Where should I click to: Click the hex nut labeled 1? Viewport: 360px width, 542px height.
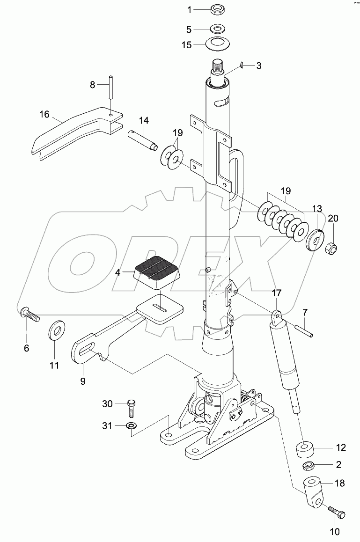[217, 9]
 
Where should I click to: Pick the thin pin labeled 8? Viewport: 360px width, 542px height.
[111, 87]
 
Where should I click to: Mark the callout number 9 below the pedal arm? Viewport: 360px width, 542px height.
[82, 381]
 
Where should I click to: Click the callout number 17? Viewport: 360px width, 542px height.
[277, 293]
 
